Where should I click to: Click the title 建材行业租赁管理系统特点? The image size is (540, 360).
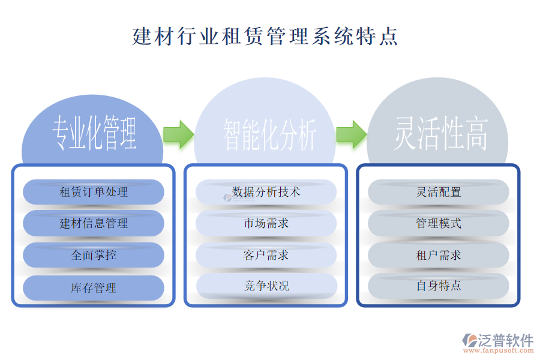(265, 36)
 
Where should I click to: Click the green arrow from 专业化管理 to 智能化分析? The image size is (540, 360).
(178, 134)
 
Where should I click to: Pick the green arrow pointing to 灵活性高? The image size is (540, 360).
(351, 134)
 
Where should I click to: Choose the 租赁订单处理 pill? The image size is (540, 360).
(94, 192)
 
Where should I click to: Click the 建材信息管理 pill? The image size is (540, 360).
(94, 223)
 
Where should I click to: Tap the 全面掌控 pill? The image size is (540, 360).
(94, 255)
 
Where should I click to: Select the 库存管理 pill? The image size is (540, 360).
(94, 288)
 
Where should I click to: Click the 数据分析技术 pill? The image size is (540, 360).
(266, 192)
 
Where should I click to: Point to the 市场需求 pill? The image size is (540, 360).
(266, 223)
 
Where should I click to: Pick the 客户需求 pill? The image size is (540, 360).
(266, 255)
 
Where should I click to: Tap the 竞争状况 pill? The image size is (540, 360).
(266, 286)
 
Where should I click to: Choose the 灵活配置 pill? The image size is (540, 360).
(439, 192)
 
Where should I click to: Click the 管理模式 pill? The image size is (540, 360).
(439, 223)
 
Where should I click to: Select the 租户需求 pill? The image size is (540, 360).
(439, 255)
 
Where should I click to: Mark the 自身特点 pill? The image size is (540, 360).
(439, 286)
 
